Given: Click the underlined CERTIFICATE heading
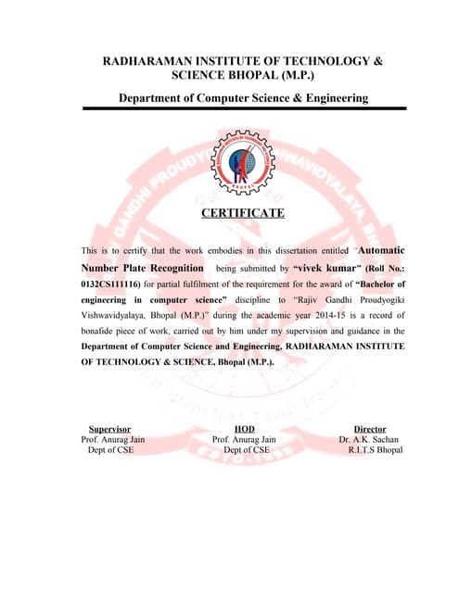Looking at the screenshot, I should [243, 214].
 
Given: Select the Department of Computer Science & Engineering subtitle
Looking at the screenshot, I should [243, 97].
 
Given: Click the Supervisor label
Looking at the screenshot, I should [109, 429].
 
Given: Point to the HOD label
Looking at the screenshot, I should [245, 429].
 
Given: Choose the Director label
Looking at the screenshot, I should [370, 429].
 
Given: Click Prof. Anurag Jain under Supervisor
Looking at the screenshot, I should [113, 439].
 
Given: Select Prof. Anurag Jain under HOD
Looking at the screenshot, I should [245, 439].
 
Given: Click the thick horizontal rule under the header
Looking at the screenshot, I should [243, 109].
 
